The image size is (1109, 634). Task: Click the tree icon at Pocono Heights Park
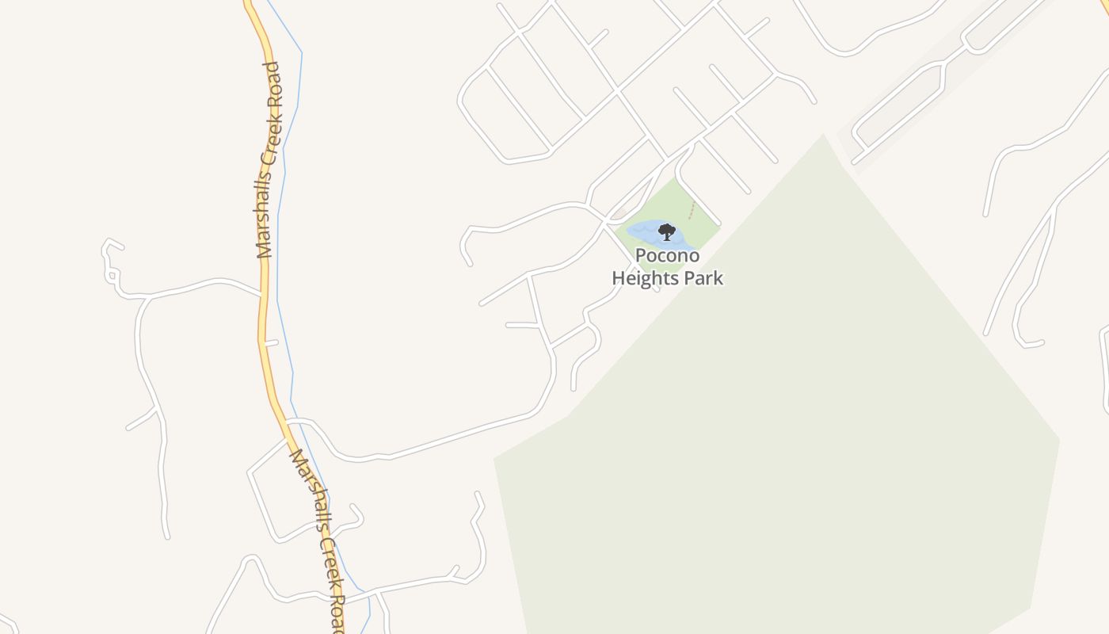click(667, 232)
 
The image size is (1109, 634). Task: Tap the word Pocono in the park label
click(667, 256)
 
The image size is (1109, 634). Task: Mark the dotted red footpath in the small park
click(692, 210)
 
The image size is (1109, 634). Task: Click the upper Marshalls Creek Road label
click(269, 160)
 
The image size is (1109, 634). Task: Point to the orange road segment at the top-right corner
click(1103, 6)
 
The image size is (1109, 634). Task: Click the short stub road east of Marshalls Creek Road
click(272, 343)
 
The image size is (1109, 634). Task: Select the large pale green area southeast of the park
click(792, 436)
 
